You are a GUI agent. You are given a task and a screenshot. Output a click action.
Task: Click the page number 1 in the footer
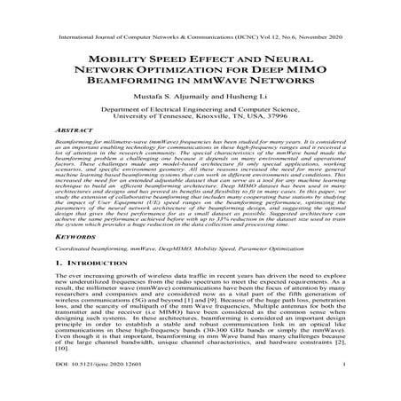coord(366,389)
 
